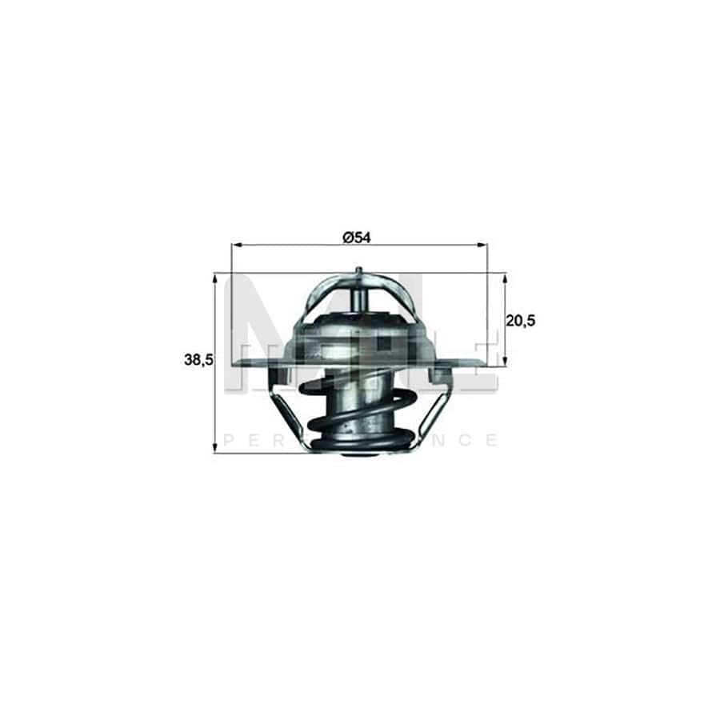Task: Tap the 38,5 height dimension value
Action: coord(198,361)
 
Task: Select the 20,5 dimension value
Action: coord(520,320)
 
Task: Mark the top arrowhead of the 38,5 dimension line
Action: coord(215,278)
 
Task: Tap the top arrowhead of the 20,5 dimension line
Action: coord(505,278)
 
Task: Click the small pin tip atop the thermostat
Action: coord(359,275)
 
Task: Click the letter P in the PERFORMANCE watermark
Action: coord(230,440)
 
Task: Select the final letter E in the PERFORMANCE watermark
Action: coord(492,440)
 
